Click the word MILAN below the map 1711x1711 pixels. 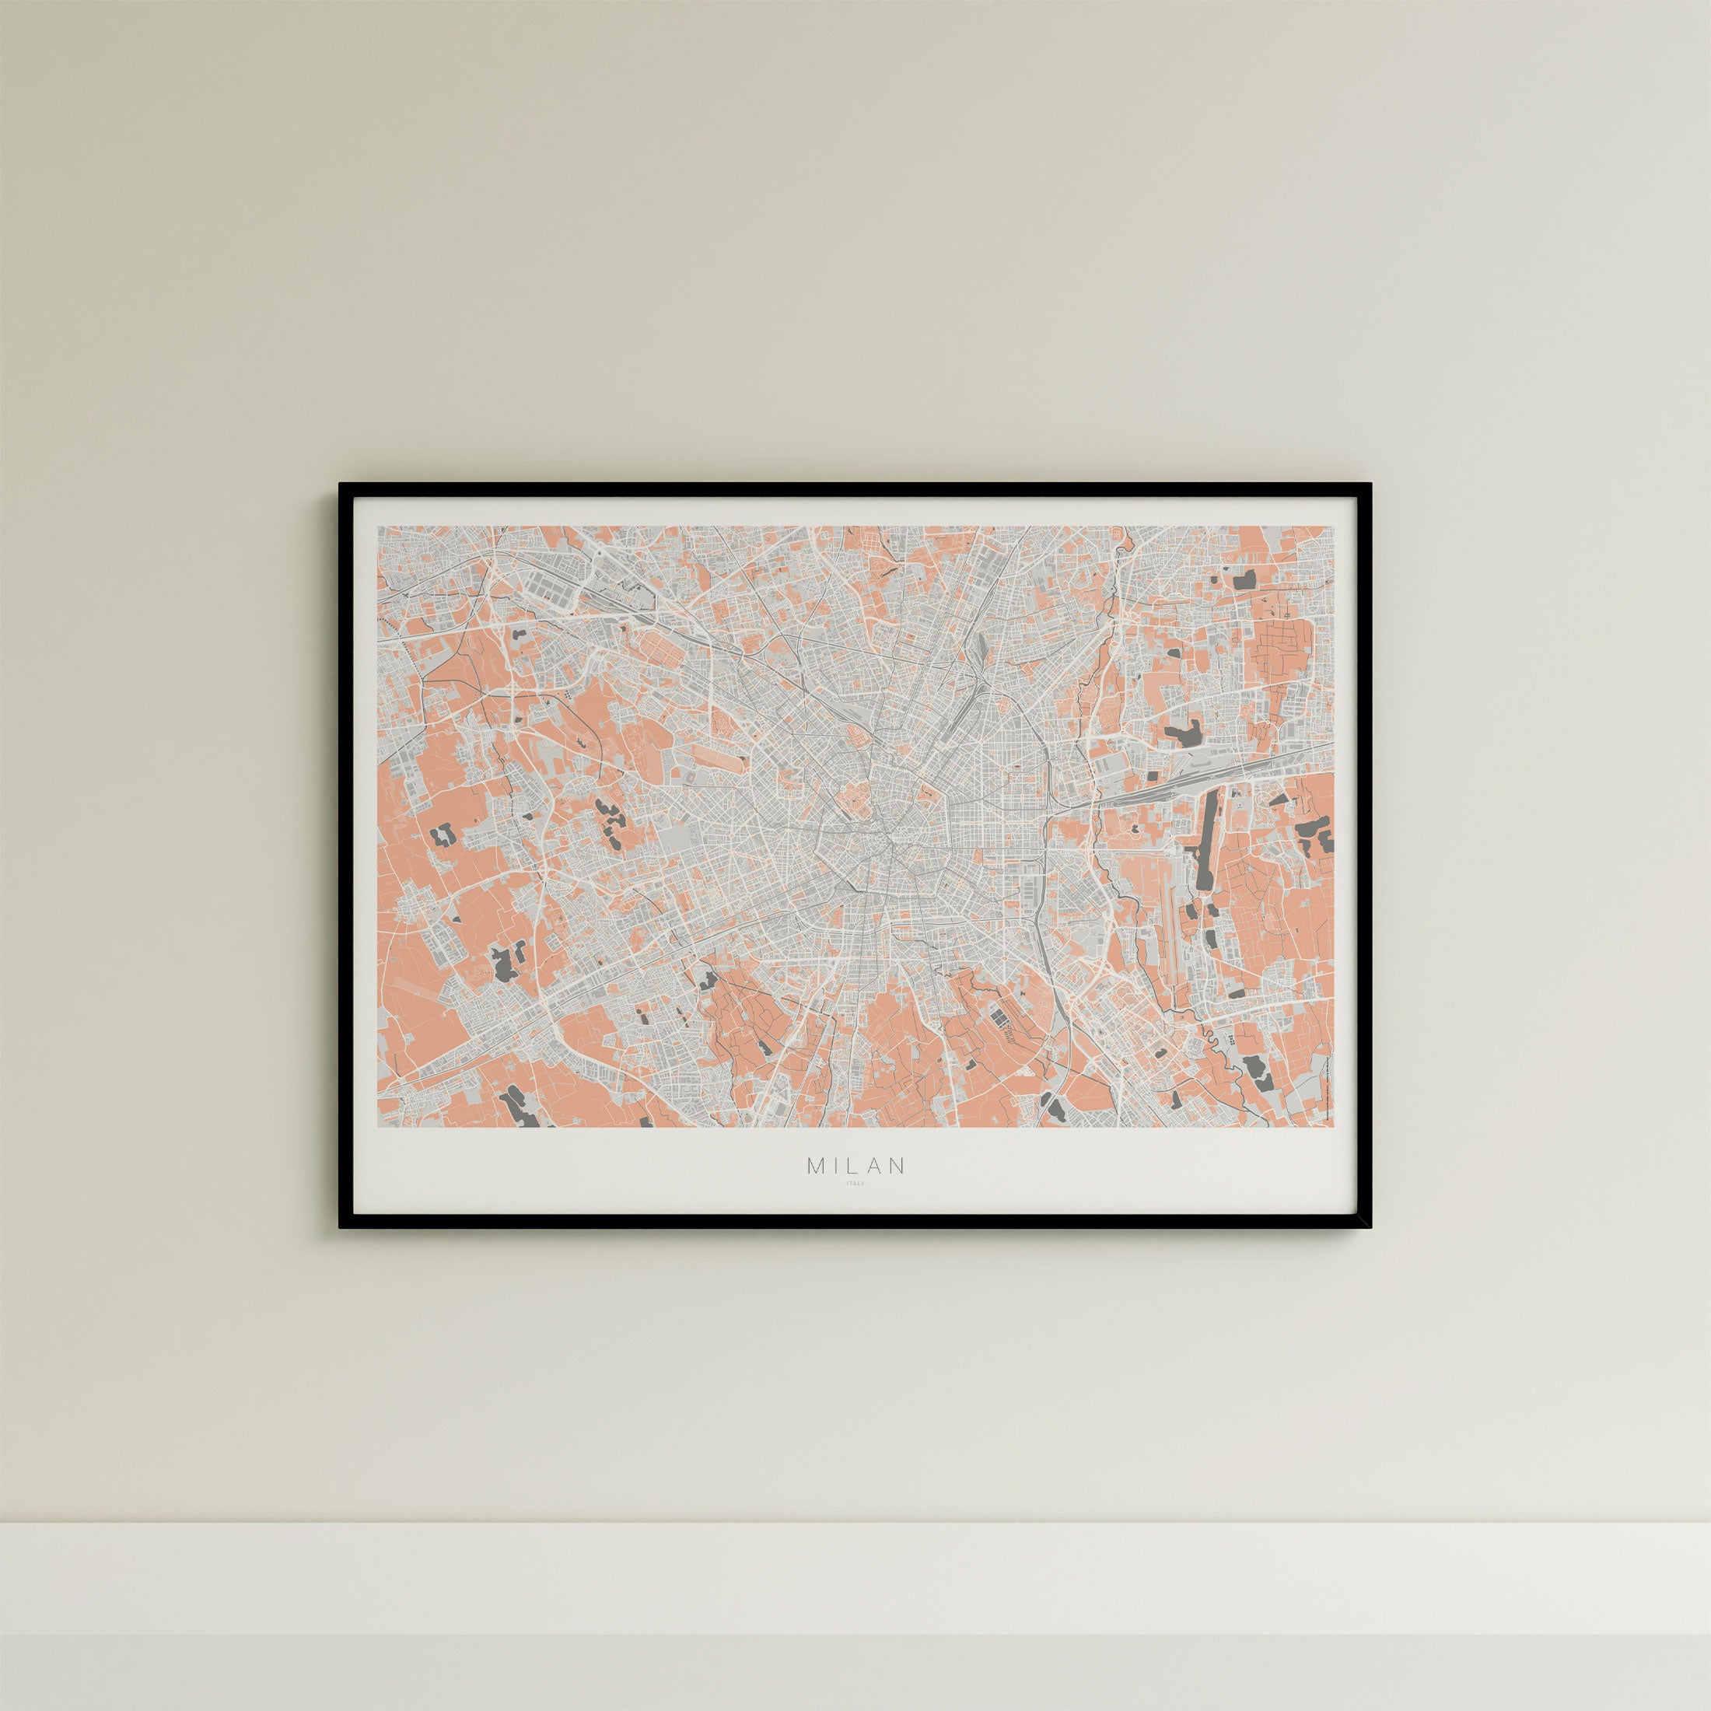(x=855, y=1166)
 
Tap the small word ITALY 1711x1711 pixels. (x=855, y=1183)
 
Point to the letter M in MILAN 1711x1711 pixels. (x=815, y=1166)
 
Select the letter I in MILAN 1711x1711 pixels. (x=837, y=1166)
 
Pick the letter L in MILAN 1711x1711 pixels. (x=854, y=1166)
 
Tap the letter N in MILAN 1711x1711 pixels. (x=898, y=1166)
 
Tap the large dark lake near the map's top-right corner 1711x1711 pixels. (x=1245, y=580)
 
